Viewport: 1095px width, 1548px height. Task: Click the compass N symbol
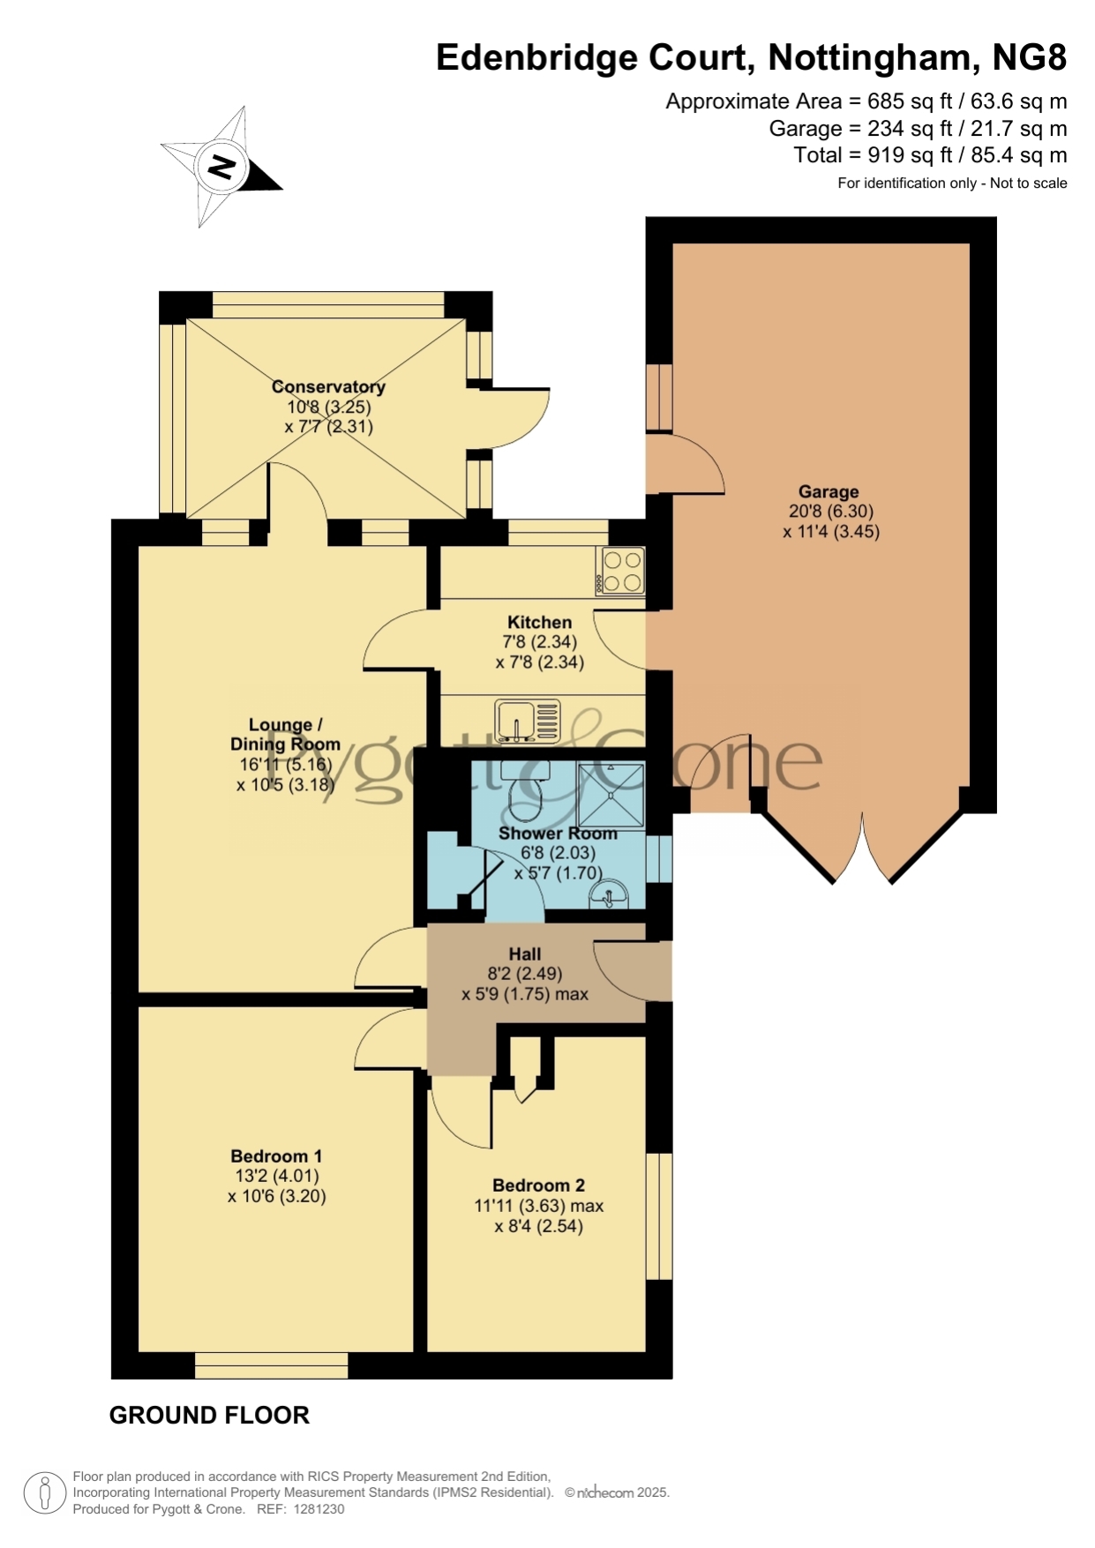(x=221, y=166)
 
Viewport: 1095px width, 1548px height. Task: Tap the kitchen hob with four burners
(x=621, y=571)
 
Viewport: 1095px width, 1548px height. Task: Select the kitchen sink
(x=528, y=721)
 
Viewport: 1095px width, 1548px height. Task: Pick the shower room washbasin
(x=609, y=894)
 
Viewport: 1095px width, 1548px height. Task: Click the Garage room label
(x=829, y=492)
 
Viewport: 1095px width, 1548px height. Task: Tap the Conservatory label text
(x=328, y=386)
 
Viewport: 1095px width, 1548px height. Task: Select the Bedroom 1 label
(x=276, y=1155)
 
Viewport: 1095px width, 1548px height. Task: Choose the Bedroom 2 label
(x=539, y=1185)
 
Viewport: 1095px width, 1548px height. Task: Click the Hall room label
(x=525, y=953)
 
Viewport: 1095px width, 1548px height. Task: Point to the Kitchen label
(x=539, y=622)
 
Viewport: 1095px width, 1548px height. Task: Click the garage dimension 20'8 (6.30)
(x=831, y=512)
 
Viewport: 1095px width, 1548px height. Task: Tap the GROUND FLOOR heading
(x=209, y=1416)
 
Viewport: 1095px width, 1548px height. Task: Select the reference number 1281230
(x=319, y=1509)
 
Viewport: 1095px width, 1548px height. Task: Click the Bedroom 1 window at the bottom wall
(x=272, y=1365)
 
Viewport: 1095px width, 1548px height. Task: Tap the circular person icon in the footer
(x=44, y=1493)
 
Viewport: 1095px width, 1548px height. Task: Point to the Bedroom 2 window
(x=659, y=1216)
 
